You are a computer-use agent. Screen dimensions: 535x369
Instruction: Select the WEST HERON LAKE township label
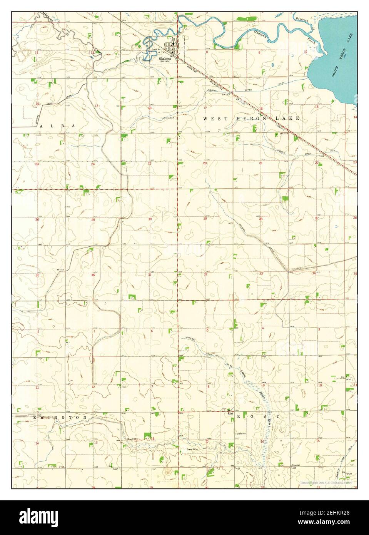pos(251,119)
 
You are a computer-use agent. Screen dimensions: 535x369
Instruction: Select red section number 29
pos(205,219)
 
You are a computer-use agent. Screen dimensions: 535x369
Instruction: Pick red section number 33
pos(261,274)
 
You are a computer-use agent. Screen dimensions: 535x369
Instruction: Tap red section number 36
pos(93,275)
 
